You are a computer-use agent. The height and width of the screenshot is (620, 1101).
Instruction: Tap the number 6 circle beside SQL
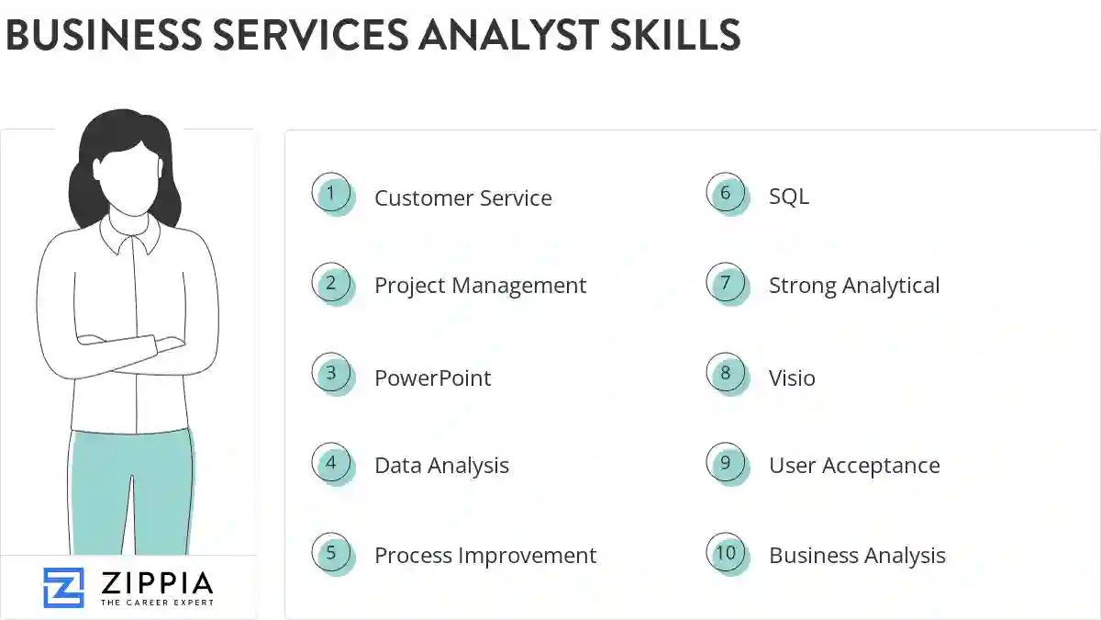tap(726, 193)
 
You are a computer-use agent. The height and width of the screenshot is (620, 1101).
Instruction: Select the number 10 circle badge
tap(726, 553)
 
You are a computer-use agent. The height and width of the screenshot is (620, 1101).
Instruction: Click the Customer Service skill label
tap(462, 197)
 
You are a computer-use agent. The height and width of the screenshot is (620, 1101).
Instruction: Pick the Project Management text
tap(480, 286)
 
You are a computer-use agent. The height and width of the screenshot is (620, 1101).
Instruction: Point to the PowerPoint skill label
tap(432, 378)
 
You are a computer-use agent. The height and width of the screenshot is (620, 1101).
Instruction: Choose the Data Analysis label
tap(441, 466)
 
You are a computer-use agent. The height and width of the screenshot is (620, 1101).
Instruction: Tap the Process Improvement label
tap(484, 556)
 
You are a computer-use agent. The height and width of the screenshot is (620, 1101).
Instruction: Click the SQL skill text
tap(788, 196)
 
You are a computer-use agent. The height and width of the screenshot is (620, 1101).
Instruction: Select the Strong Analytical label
tap(853, 286)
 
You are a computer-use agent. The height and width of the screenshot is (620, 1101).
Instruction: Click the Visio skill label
tap(792, 378)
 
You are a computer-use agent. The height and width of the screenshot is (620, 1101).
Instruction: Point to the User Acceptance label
tap(853, 466)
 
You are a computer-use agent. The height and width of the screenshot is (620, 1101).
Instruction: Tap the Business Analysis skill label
tap(857, 556)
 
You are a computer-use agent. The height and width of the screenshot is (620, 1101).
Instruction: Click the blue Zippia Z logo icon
tap(63, 588)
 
